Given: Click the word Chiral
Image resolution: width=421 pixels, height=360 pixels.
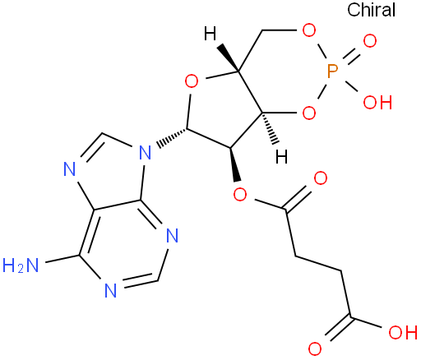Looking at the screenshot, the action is pyautogui.click(x=371, y=10).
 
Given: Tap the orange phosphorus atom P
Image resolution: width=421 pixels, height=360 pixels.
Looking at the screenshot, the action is pyautogui.click(x=332, y=72).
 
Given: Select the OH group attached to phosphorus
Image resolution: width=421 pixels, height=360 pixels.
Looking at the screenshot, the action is pyautogui.click(x=377, y=103).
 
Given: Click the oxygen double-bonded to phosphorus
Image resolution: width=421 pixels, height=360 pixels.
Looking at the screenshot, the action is pyautogui.click(x=370, y=41).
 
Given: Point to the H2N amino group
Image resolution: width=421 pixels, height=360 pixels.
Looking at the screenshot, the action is pyautogui.click(x=21, y=265).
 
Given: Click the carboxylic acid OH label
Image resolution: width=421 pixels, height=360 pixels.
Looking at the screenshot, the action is pyautogui.click(x=403, y=333).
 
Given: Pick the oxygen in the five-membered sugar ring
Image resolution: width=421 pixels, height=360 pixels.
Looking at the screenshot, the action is pyautogui.click(x=192, y=81).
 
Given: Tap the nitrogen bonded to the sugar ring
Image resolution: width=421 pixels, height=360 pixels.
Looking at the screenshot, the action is pyautogui.click(x=145, y=153).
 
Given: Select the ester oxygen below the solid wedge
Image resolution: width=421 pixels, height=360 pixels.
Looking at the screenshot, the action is pyautogui.click(x=240, y=195).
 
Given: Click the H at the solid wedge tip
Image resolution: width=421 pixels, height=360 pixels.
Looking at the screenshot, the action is pyautogui.click(x=210, y=34).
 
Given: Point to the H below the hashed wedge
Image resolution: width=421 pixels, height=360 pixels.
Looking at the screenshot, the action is pyautogui.click(x=281, y=157).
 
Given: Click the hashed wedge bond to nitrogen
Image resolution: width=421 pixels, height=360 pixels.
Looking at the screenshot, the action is pyautogui.click(x=172, y=136).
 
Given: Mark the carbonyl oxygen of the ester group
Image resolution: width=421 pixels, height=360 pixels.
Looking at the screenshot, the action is pyautogui.click(x=321, y=178).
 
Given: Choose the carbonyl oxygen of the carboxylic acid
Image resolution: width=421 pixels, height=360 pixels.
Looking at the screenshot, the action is pyautogui.click(x=315, y=349).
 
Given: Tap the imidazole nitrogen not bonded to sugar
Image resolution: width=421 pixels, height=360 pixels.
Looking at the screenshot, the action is pyautogui.click(x=70, y=168).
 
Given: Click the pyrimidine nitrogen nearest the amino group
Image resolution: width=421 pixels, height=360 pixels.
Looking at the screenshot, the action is pyautogui.click(x=111, y=290).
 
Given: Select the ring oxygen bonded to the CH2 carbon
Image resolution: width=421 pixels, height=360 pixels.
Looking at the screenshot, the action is pyautogui.click(x=309, y=30).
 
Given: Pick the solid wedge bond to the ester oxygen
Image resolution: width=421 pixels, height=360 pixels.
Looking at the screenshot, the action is pyautogui.click(x=234, y=164).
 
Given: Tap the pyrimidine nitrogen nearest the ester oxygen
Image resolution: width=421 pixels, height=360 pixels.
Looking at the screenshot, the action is pyautogui.click(x=172, y=236).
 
